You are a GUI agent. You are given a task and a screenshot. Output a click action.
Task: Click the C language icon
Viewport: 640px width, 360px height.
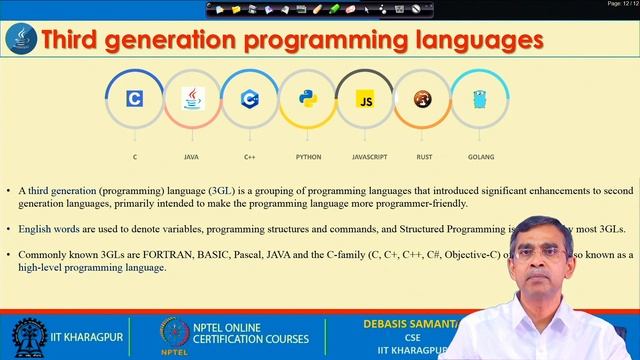(134, 99)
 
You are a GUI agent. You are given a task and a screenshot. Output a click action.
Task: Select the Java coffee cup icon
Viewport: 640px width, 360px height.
(192, 99)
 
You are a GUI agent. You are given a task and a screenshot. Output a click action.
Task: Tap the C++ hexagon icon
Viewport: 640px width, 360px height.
(250, 99)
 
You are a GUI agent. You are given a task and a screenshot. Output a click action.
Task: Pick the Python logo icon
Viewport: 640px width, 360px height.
(308, 99)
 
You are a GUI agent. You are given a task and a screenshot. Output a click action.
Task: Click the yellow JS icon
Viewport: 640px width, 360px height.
(366, 99)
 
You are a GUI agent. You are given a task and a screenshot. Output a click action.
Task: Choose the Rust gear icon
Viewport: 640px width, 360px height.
(424, 99)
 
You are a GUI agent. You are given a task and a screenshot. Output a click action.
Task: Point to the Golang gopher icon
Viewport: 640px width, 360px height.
(481, 99)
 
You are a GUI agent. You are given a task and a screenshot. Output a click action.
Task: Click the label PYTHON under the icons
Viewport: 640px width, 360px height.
(308, 157)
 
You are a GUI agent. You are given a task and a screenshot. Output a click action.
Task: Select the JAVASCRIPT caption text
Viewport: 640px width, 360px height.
(369, 157)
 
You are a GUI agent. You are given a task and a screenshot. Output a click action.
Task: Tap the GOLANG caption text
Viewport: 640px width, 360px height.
(481, 157)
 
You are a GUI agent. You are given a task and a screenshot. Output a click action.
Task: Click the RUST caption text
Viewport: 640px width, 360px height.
(424, 157)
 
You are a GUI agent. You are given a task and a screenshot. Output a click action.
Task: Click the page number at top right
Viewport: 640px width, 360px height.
(620, 5)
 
